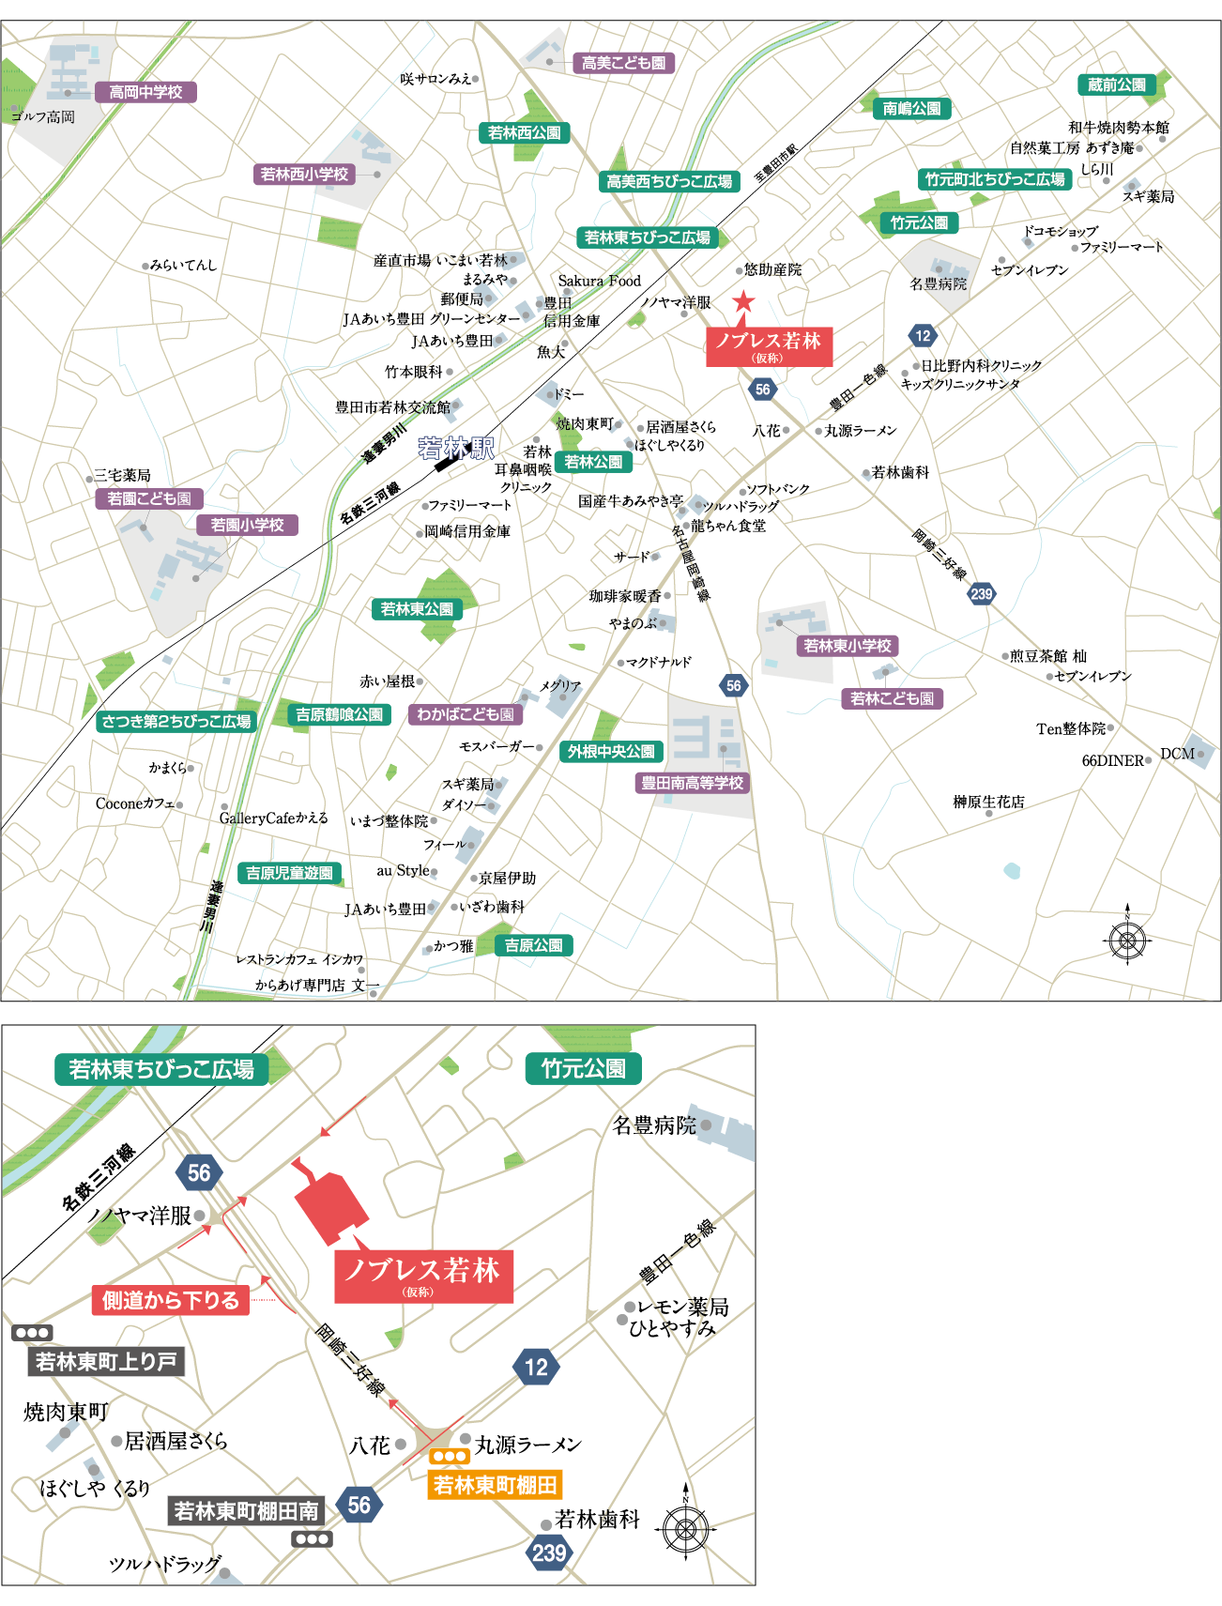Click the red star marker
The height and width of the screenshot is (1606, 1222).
pyautogui.click(x=743, y=301)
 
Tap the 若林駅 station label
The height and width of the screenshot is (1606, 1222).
pyautogui.click(x=456, y=449)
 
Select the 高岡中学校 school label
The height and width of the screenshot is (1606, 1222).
pyautogui.click(x=145, y=92)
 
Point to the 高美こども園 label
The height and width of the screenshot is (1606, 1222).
pyautogui.click(x=623, y=63)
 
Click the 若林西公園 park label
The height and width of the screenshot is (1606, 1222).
pyautogui.click(x=524, y=133)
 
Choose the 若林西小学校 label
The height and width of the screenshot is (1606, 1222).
pyautogui.click(x=304, y=174)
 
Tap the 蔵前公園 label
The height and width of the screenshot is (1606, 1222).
pyautogui.click(x=1116, y=84)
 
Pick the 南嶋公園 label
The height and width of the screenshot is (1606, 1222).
pyautogui.click(x=911, y=109)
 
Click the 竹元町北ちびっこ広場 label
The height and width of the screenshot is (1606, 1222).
pyautogui.click(x=995, y=179)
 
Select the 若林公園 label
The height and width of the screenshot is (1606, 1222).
pyautogui.click(x=593, y=462)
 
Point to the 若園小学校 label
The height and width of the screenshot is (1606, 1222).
pyautogui.click(x=247, y=525)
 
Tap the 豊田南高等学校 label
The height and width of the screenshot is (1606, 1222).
pyautogui.click(x=692, y=783)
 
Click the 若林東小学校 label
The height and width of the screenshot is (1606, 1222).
pyautogui.click(x=848, y=646)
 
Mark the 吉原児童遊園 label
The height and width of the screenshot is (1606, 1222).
pyautogui.click(x=289, y=873)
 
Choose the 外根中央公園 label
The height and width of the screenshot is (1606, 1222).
pyautogui.click(x=611, y=752)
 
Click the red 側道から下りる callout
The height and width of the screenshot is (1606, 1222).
pyautogui.click(x=171, y=1300)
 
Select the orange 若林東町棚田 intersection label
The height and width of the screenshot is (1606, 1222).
pyautogui.click(x=495, y=1485)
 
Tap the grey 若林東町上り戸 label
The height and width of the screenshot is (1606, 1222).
pyautogui.click(x=106, y=1361)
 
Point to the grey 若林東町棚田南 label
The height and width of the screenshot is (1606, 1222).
pyautogui.click(x=246, y=1511)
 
